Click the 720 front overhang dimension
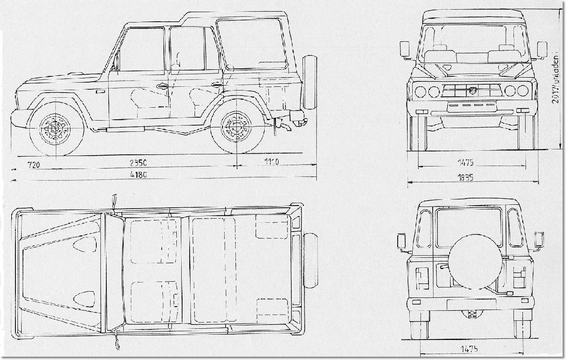(x=33, y=165)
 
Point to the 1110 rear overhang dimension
(x=271, y=162)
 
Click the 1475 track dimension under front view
(x=465, y=162)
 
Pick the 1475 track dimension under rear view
(x=469, y=349)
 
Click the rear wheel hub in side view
(x=236, y=126)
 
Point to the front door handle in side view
(x=162, y=86)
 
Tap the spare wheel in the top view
(x=310, y=260)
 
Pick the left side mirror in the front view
(x=405, y=50)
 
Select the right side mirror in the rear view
(x=538, y=241)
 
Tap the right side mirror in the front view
(x=542, y=49)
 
